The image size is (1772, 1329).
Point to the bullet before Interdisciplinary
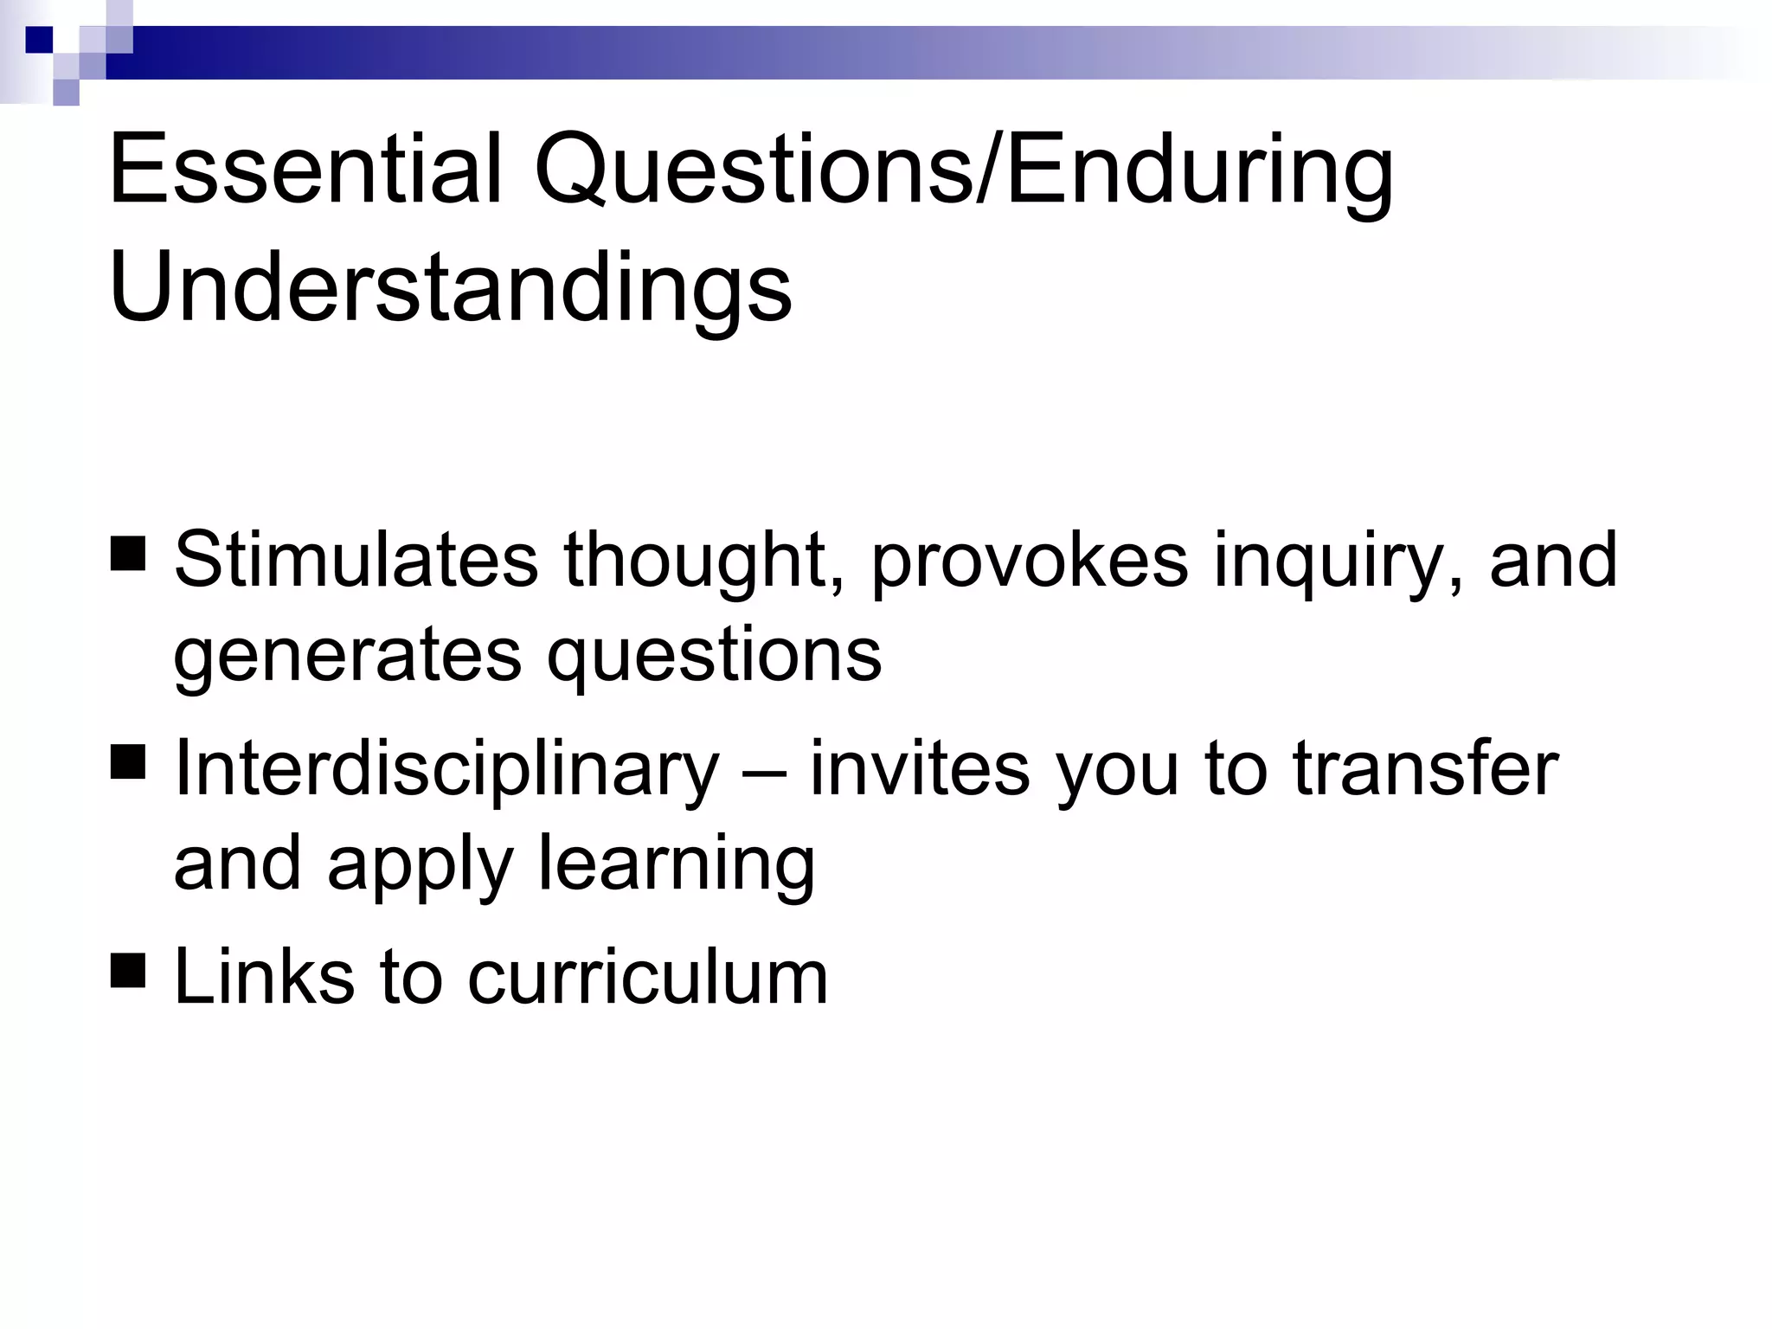coord(128,762)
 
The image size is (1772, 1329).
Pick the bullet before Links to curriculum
coord(128,971)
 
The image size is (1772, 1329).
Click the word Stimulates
coord(356,560)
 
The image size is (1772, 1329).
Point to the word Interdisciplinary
coord(446,770)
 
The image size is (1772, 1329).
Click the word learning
coord(677,865)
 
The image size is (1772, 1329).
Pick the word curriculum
coord(648,977)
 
